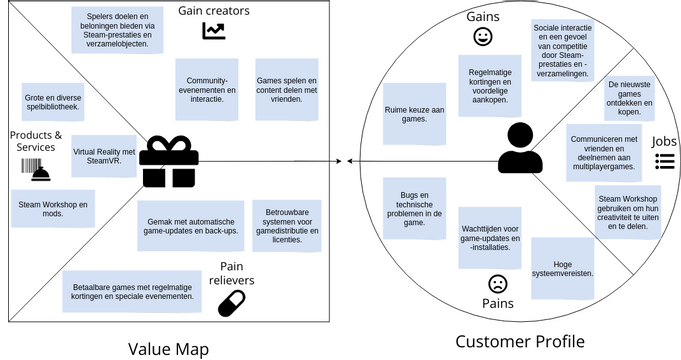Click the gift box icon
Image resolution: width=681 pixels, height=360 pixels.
[168, 162]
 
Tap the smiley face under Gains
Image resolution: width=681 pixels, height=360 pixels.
[483, 38]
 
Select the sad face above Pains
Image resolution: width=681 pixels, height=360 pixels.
[497, 284]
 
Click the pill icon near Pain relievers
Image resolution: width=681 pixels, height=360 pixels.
[231, 303]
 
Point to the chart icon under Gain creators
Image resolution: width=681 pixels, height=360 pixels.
[213, 31]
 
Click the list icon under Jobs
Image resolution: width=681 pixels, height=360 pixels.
[665, 161]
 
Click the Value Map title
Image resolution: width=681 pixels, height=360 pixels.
[168, 346]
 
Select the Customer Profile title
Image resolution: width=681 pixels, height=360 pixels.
[519, 342]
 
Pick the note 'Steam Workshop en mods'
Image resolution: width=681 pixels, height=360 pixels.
[53, 209]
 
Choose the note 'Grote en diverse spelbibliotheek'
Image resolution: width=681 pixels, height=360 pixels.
[53, 102]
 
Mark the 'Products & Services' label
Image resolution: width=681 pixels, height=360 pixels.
[36, 141]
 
